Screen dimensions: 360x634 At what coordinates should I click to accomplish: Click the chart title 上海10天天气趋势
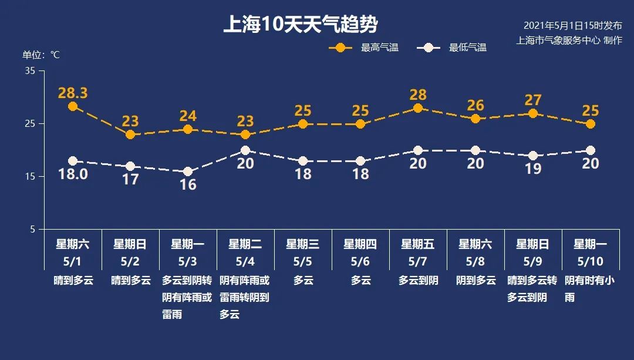tap(300, 25)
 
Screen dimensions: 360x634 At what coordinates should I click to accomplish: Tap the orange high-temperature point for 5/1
tap(73, 106)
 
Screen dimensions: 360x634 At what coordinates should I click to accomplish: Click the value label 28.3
tap(73, 93)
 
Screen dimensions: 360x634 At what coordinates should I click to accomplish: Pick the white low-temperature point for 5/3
tap(188, 172)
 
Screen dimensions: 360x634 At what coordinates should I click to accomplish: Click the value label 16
tap(188, 184)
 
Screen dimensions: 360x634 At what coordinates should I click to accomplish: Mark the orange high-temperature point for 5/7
tap(418, 108)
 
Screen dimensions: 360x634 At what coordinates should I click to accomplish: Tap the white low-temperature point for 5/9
tap(533, 156)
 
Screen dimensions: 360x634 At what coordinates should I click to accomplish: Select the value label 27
tap(533, 100)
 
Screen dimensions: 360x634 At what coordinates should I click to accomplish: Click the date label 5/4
tap(245, 261)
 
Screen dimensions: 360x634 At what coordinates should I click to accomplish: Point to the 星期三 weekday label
tap(303, 244)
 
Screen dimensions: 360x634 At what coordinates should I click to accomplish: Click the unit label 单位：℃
tap(41, 55)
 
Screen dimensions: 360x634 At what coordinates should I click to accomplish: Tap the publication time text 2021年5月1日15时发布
tap(572, 26)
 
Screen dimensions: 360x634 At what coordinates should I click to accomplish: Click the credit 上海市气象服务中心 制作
tap(569, 41)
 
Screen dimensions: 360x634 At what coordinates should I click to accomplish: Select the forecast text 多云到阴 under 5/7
tap(418, 281)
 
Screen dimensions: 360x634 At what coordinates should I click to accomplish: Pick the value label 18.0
tap(73, 174)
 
